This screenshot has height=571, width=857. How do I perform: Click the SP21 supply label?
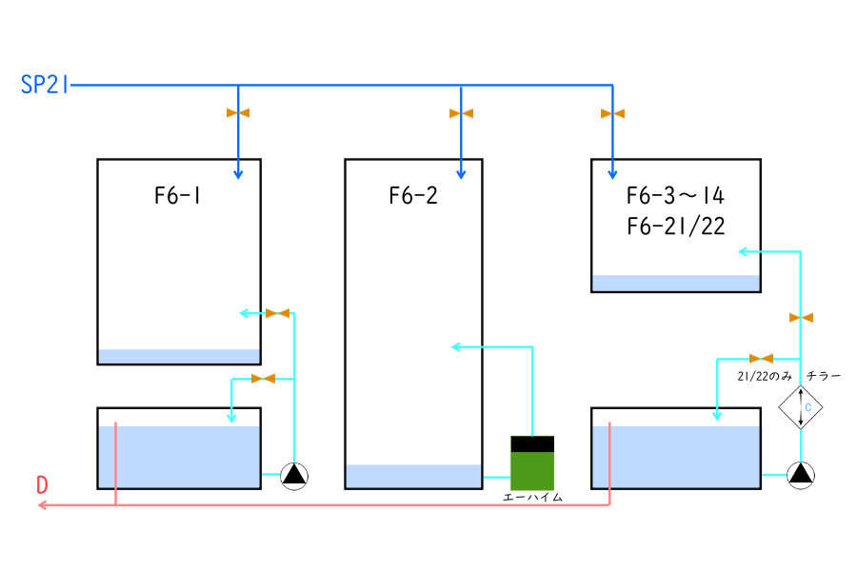pos(45,86)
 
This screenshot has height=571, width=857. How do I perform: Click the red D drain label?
pos(42,484)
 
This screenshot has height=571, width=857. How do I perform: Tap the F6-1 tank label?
pos(179,197)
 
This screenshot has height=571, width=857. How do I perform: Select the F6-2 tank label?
pos(413,197)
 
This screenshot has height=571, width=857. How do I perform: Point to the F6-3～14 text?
pos(675,197)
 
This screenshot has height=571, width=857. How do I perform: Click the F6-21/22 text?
pos(675,226)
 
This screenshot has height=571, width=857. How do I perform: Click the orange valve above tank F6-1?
pos(238,113)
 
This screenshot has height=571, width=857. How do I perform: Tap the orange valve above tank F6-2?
pos(461,113)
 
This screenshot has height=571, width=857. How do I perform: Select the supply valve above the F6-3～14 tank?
pos(612,113)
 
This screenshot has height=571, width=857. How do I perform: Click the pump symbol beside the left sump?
pos(294,474)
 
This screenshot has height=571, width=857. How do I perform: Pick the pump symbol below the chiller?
pos(801,474)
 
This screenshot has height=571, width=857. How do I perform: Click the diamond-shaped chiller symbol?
pos(801,408)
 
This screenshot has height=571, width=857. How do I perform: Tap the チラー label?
pos(824,377)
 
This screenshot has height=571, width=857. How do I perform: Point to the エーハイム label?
pos(532,498)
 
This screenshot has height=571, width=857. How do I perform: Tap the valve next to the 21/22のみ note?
pos(761,359)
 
